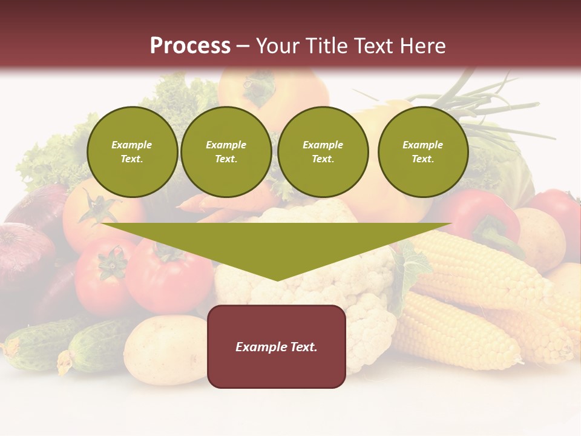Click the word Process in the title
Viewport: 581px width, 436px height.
190,46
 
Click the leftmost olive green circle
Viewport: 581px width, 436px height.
132,152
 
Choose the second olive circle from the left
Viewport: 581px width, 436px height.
226,152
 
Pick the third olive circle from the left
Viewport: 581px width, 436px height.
323,152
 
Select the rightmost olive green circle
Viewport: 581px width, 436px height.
422,152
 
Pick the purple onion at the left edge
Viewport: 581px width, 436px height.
24,254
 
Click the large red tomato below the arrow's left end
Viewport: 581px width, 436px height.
163,272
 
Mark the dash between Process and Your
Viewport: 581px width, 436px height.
243,46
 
